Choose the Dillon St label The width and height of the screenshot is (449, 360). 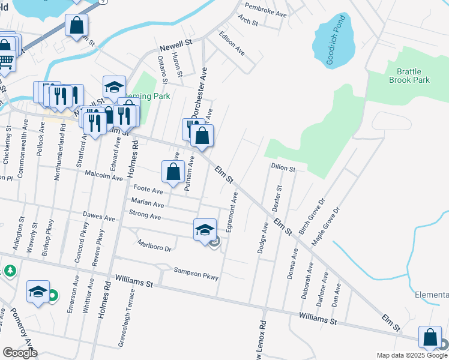tap(283, 168)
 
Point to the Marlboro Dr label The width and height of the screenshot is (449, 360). tap(155, 245)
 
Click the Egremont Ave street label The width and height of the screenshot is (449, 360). tap(232, 212)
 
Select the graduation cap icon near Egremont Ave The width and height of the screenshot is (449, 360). tap(205, 229)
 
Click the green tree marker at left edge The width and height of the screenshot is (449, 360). tap(10, 271)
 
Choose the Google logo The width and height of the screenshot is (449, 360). tap(20, 353)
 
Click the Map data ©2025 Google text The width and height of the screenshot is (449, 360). tap(412, 355)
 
